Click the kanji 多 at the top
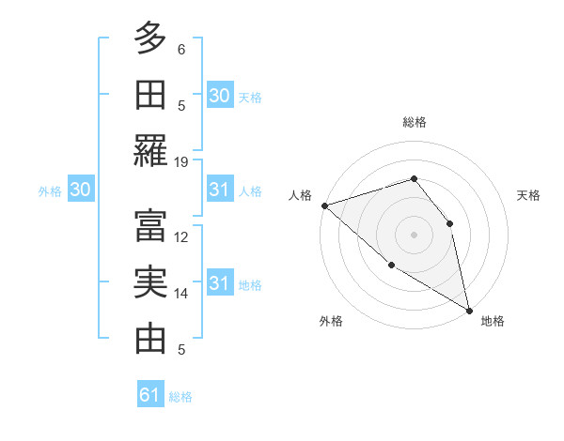(x=150, y=38)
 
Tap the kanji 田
(x=150, y=95)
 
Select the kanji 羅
(x=150, y=151)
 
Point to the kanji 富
(x=150, y=225)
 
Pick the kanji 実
(x=150, y=281)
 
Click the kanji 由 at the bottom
(x=150, y=338)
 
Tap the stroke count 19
(x=182, y=161)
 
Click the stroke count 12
(x=182, y=236)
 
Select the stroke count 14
(x=182, y=293)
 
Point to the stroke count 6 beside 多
(x=182, y=49)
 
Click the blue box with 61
(x=150, y=395)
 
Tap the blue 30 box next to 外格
(x=81, y=190)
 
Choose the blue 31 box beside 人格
(x=219, y=190)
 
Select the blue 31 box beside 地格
(x=219, y=283)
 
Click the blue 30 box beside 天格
(x=219, y=96)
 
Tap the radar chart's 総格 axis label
(x=415, y=122)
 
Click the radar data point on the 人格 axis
(x=324, y=205)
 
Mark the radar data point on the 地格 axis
(x=469, y=310)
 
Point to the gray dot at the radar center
(x=415, y=234)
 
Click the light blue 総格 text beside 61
(x=180, y=396)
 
